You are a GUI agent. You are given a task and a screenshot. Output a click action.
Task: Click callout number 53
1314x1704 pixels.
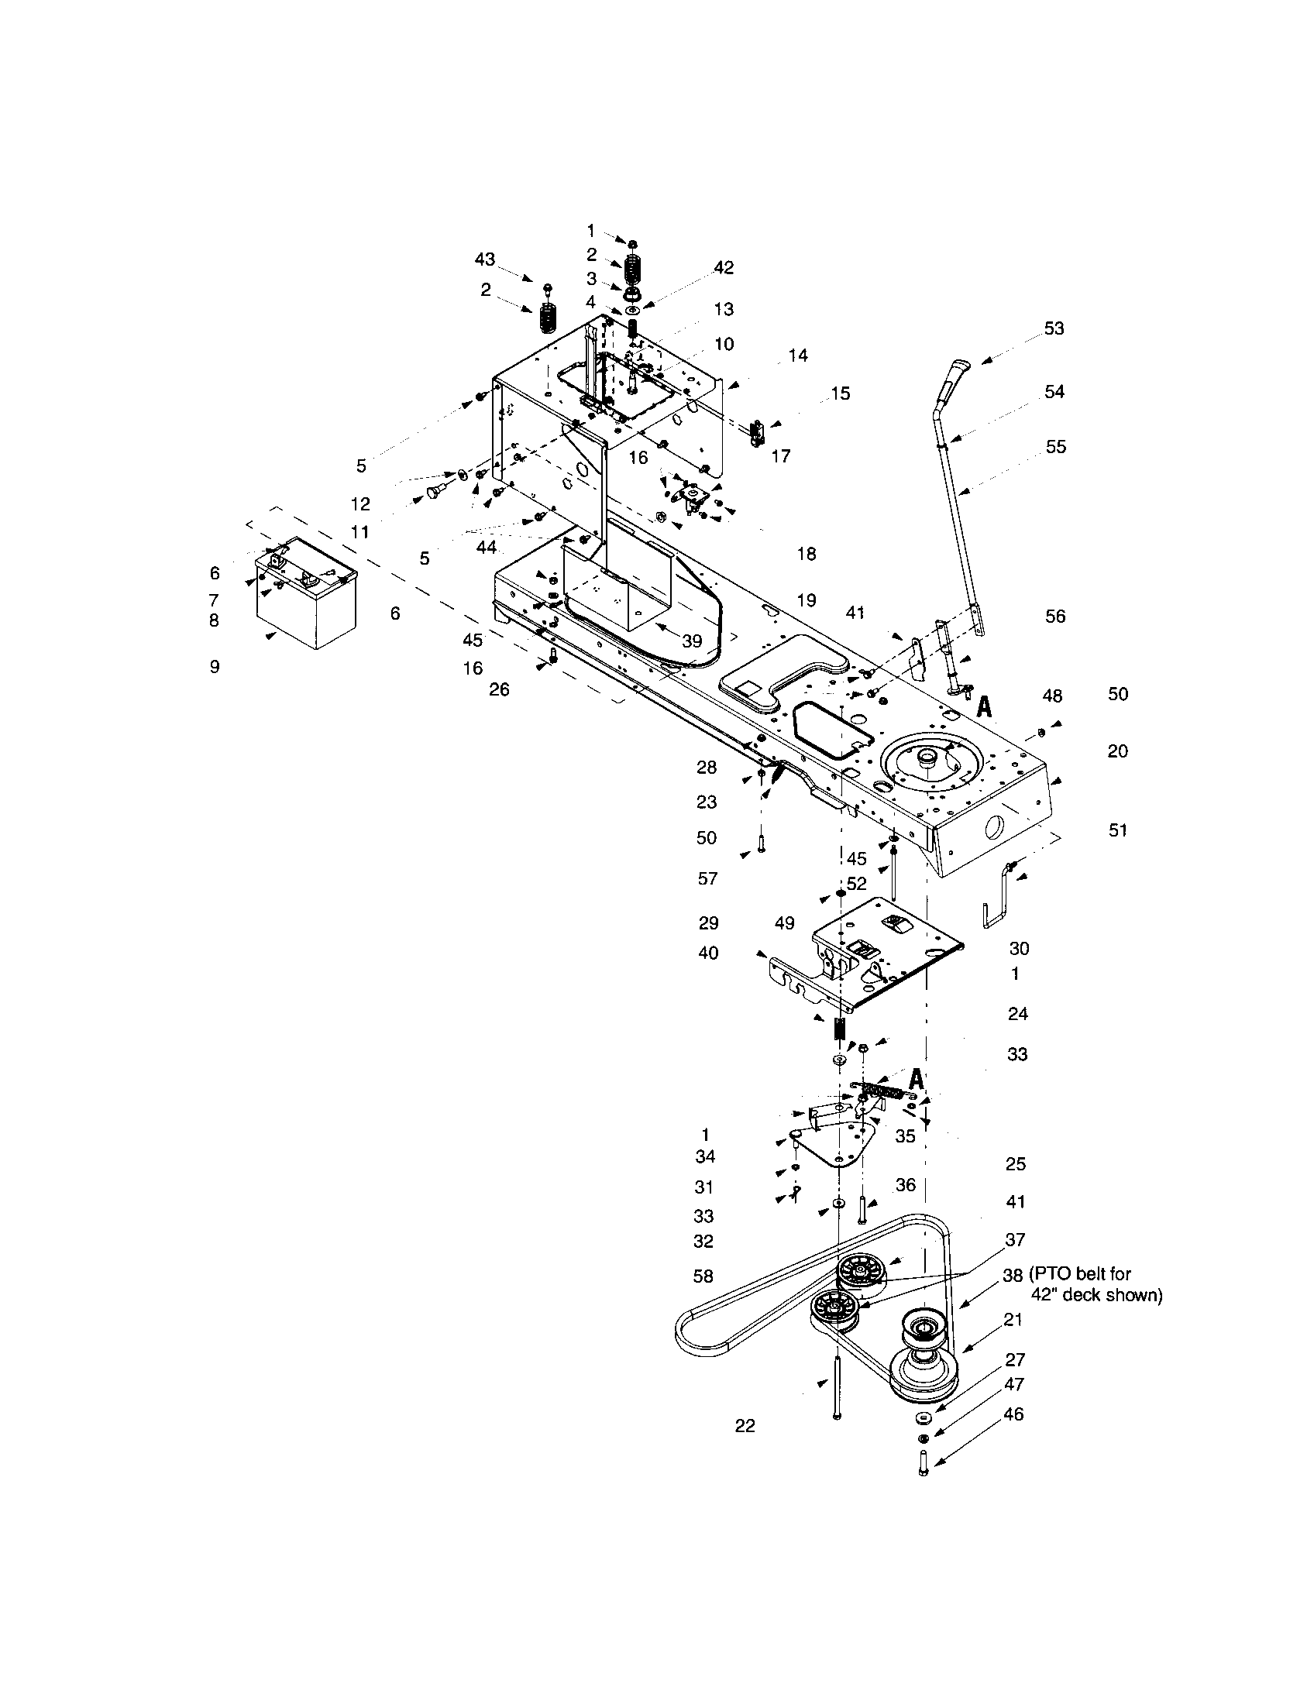[x=1054, y=328]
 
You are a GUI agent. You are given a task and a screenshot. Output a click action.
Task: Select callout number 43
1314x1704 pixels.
[x=485, y=259]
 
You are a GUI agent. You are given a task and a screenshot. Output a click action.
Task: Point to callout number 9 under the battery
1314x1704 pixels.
[x=215, y=667]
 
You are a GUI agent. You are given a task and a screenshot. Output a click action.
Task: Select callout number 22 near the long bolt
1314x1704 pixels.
[x=745, y=1426]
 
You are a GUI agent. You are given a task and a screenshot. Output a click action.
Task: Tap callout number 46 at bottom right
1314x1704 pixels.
[x=1013, y=1414]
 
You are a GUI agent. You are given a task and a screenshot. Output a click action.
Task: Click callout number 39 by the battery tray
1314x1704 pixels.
[x=692, y=641]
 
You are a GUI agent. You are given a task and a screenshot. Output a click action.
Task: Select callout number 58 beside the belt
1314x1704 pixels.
[x=703, y=1276]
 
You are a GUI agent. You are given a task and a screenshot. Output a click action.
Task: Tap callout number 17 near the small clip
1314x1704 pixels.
[x=780, y=456]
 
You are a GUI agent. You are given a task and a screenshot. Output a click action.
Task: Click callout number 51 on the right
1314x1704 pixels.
[x=1118, y=830]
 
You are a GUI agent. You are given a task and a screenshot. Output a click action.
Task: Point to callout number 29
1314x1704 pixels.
[x=708, y=923]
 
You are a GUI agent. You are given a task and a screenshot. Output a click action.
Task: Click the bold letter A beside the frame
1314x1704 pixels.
[x=985, y=707]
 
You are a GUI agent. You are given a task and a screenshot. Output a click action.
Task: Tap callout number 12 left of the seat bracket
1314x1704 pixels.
[x=360, y=504]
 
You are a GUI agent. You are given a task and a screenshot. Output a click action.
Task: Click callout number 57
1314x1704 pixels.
[x=707, y=879]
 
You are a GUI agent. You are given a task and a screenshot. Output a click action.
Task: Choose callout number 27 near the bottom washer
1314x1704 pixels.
[x=1015, y=1360]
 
